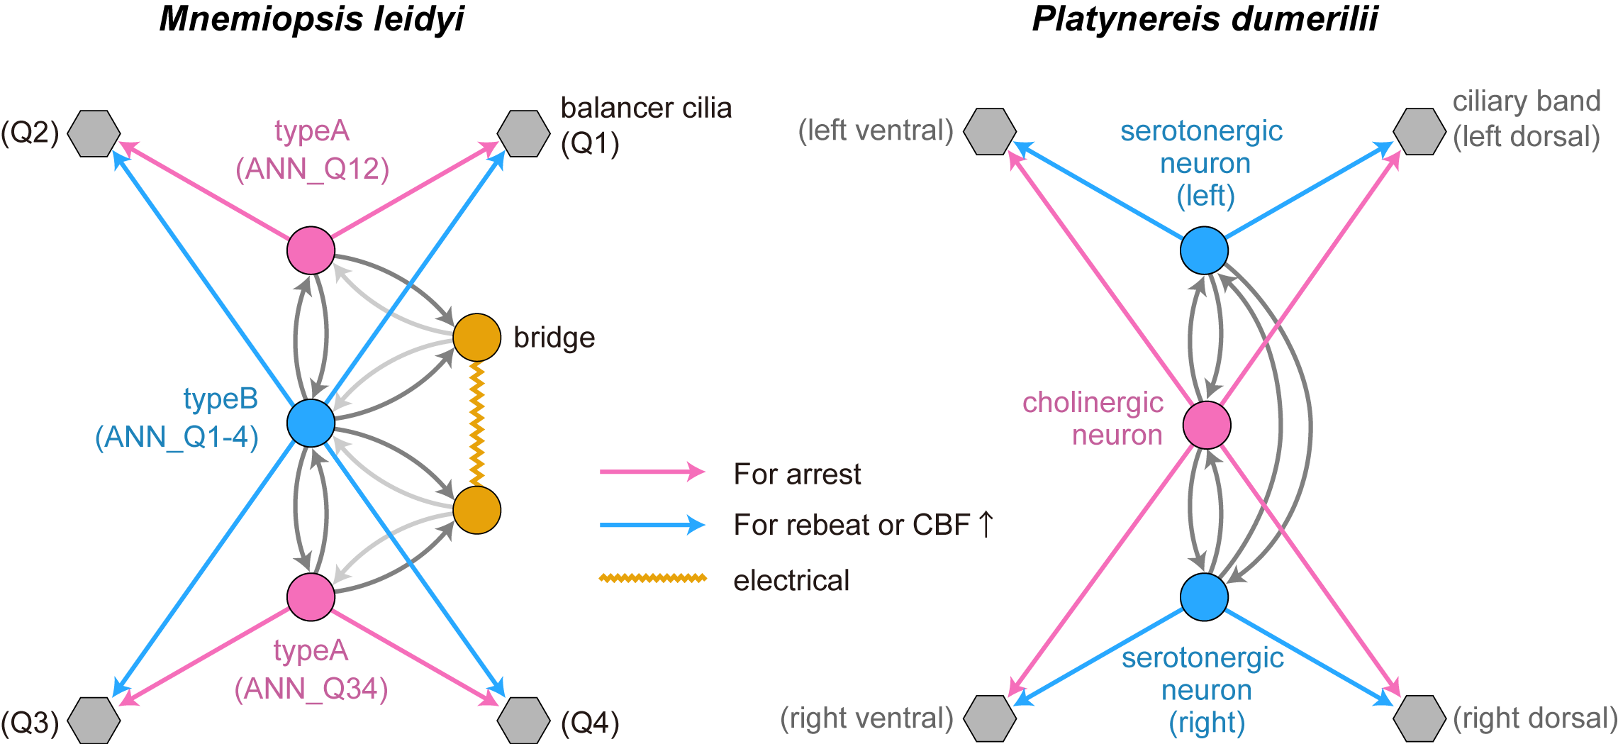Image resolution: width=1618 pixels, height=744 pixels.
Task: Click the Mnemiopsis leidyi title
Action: [311, 19]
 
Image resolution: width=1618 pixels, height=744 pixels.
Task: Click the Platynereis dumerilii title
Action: [1204, 19]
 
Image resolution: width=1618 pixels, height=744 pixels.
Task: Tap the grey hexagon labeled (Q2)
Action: [94, 133]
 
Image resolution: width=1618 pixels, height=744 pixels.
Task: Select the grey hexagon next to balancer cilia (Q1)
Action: [523, 133]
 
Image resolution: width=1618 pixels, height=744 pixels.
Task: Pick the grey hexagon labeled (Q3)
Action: [94, 720]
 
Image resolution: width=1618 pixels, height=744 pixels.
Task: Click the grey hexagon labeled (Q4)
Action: [523, 720]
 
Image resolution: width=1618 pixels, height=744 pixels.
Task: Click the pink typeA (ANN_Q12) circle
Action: [311, 250]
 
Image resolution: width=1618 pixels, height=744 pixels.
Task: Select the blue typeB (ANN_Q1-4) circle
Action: [311, 423]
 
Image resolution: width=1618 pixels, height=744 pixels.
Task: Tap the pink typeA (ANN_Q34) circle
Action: [311, 596]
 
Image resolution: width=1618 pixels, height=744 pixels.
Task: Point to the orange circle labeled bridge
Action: [476, 337]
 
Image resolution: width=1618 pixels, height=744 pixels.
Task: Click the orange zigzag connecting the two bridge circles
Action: [476, 423]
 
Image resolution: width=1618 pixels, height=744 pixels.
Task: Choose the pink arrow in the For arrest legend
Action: [652, 472]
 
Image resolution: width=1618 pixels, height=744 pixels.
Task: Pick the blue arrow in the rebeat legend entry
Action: [652, 525]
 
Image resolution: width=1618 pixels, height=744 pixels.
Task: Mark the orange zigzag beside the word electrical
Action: [652, 578]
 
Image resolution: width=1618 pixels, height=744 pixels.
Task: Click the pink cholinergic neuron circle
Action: [1206, 425]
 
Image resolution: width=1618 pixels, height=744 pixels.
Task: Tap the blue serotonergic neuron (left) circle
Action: [1204, 250]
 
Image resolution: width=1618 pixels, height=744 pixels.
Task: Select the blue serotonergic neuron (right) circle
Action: [1204, 596]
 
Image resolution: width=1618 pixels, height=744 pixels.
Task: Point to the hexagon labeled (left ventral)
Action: [990, 131]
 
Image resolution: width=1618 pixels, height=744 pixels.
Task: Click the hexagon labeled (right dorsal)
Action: [1419, 718]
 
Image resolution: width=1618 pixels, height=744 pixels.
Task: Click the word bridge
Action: [554, 338]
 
